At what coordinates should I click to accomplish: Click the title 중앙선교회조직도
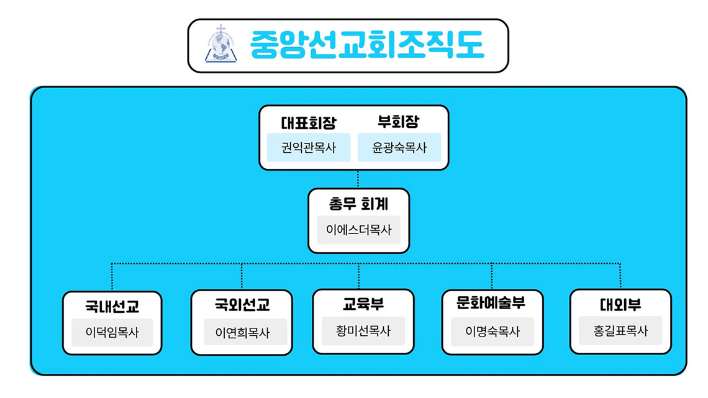coord(366,45)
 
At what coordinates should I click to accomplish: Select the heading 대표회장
coord(309,122)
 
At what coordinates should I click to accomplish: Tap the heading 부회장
coord(398,121)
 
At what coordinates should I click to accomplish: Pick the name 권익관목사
coord(309,148)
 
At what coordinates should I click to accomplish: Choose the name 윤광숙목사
coord(399,148)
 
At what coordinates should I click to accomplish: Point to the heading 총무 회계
coord(358,204)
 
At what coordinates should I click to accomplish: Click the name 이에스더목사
coord(359,230)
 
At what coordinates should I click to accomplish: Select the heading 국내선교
coord(112,306)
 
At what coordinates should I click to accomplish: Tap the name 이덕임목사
coord(112,333)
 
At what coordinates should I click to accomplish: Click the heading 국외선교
coord(242,305)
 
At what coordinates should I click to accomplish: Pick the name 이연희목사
coord(242,333)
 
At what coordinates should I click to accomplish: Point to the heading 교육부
coord(363,304)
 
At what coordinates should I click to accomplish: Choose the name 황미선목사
coord(363,331)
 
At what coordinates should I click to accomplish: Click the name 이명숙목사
coord(492,332)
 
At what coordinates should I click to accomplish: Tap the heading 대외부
coord(620,305)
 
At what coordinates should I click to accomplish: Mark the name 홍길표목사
coord(620,331)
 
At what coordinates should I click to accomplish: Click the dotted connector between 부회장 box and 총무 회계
coord(358,179)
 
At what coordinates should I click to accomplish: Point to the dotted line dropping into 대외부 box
coord(620,276)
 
